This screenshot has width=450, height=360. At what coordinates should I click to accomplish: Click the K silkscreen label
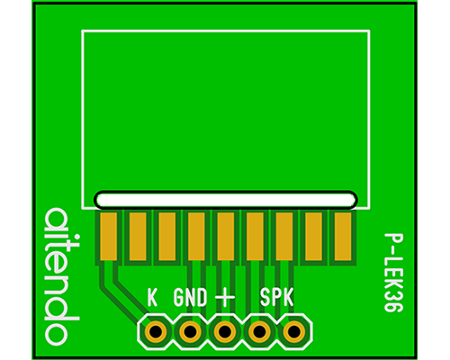tap(152, 297)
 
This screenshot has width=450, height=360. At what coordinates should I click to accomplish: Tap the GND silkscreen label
tap(190, 297)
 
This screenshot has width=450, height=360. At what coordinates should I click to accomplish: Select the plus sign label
tap(225, 298)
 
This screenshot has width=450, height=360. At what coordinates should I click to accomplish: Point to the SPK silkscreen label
tap(276, 297)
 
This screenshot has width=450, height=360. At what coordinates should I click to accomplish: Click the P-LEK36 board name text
tap(393, 273)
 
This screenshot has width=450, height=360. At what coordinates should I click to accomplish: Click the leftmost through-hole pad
tap(156, 331)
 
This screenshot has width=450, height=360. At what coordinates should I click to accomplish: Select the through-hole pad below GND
tap(190, 331)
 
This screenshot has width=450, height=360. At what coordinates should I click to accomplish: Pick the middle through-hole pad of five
tap(225, 331)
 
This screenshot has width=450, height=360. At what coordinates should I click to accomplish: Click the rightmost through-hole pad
tap(294, 331)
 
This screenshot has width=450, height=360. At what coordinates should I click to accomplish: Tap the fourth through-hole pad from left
tap(259, 331)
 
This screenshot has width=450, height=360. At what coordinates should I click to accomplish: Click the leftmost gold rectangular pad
tap(108, 237)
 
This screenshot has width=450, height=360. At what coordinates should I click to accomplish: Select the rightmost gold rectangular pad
tap(343, 237)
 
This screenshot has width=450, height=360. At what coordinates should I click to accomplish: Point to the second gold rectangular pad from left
tap(138, 237)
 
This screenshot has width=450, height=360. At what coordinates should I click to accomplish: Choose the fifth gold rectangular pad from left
tap(226, 237)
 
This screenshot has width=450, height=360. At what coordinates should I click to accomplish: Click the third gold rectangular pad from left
tap(167, 237)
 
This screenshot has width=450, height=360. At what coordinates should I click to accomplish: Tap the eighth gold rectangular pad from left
tap(313, 237)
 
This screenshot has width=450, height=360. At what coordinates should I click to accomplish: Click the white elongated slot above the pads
tap(226, 200)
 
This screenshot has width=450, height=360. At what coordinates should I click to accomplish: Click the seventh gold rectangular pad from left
tap(284, 237)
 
